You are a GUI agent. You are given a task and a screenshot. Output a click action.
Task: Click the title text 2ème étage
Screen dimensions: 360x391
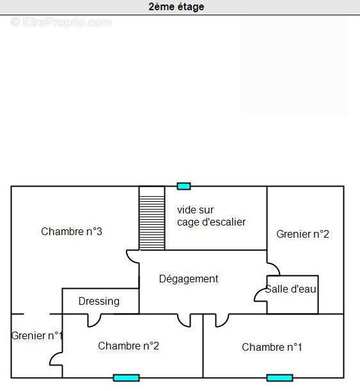pos(176,7)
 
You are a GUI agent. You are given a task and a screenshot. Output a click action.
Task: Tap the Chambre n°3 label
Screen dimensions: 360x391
pos(72,231)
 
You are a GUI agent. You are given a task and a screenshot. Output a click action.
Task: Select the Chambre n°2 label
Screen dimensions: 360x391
pos(129,346)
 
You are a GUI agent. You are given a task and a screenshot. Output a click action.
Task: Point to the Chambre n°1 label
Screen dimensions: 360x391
pos(272,347)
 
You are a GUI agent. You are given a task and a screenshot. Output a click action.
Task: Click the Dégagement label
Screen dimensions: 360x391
pos(189,279)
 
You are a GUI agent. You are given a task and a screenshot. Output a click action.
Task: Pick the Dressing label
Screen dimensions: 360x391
pos(99,302)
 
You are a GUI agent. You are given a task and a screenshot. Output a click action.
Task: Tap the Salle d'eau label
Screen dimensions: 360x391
pos(290,289)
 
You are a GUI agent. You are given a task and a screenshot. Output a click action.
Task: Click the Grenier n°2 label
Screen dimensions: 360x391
pos(302,234)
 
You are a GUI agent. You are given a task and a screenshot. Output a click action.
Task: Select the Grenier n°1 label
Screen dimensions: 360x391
pos(36,335)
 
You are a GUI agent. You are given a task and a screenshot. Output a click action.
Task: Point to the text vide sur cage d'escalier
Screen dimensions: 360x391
pos(211,216)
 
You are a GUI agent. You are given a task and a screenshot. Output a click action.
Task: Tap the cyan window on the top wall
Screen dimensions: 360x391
pos(184,186)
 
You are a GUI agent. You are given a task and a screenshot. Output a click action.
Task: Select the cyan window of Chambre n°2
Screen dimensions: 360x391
pos(126,378)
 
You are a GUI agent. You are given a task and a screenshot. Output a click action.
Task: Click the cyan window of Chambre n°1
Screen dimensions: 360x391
pos(279,378)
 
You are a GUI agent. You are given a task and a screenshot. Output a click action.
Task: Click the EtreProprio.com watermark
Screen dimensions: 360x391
pos(61,22)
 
